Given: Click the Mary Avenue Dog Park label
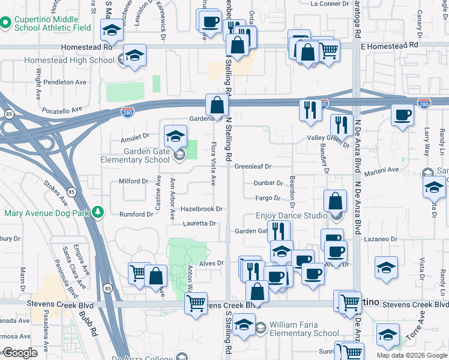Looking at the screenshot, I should click(46, 213).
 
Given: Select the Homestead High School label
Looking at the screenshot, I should click(69, 60).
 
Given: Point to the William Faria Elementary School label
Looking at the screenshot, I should click(304, 329).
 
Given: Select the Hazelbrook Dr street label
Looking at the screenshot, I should click(202, 209).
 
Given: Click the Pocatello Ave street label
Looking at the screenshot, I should click(61, 110).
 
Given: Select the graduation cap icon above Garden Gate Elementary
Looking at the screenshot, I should click(175, 134).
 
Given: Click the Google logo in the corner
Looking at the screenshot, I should click(20, 352).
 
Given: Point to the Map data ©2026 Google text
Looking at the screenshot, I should click(411, 355).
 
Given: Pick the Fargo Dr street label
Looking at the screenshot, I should click(268, 198).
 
